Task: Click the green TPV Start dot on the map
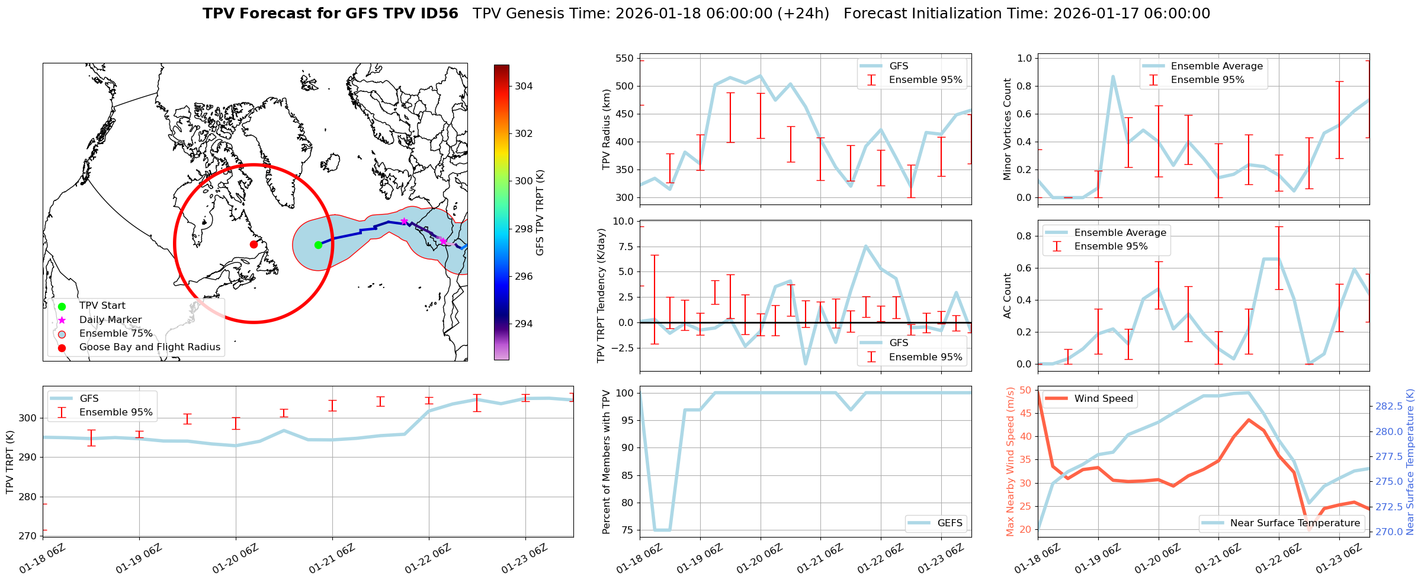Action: (318, 245)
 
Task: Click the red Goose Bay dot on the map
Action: (254, 244)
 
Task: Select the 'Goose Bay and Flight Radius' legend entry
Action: (149, 347)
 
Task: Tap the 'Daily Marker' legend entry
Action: (110, 320)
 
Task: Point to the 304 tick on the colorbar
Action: (523, 86)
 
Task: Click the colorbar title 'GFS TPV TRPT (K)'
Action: (540, 212)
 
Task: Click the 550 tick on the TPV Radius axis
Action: (624, 58)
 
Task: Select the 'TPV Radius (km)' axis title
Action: (606, 129)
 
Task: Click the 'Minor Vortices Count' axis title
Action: (1007, 129)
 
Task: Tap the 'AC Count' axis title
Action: (1007, 296)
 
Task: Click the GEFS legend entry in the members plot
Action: (950, 523)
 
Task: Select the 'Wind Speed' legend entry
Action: (1103, 399)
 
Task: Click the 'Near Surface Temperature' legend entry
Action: (1295, 523)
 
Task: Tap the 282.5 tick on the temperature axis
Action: (1388, 406)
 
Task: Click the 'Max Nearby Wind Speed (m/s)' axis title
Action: (1010, 462)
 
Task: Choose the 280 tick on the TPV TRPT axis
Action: (27, 497)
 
